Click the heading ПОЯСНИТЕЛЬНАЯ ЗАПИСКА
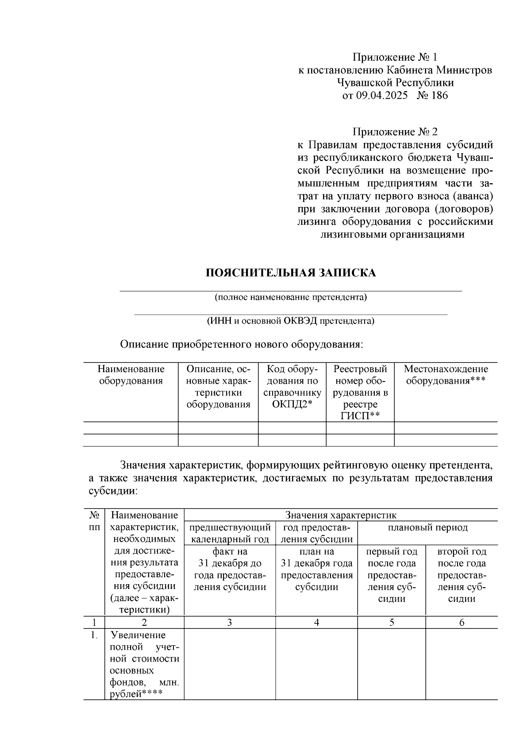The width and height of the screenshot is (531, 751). [x=291, y=273]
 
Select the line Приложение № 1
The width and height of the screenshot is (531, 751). [x=395, y=57]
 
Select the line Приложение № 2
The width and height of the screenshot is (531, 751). [x=395, y=132]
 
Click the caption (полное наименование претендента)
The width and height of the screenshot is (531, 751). [x=291, y=297]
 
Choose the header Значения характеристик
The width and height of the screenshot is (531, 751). [x=341, y=515]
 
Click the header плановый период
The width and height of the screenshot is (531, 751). [x=427, y=528]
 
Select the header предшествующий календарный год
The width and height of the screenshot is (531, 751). [x=230, y=533]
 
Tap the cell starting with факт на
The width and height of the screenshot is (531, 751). [x=230, y=570]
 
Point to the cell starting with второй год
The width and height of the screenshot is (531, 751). [x=462, y=575]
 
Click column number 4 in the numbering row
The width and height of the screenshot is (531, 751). [x=316, y=623]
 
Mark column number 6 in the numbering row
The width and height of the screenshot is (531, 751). [x=462, y=623]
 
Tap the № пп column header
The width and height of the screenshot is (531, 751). [x=94, y=521]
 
